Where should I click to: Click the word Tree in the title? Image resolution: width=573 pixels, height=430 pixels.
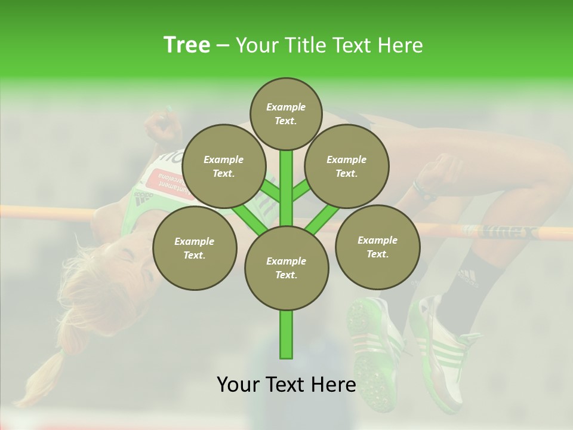pyautogui.click(x=187, y=45)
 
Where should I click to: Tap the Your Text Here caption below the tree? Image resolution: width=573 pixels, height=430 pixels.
pyautogui.click(x=286, y=385)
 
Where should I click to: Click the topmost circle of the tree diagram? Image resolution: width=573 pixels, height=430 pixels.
pyautogui.click(x=286, y=113)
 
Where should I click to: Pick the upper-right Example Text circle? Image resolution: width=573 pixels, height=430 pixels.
pyautogui.click(x=347, y=166)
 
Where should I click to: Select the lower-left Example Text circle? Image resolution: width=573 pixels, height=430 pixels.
pyautogui.click(x=195, y=248)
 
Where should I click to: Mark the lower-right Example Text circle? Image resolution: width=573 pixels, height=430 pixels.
pyautogui.click(x=377, y=247)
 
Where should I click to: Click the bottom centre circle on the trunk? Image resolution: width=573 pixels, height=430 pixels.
pyautogui.click(x=286, y=268)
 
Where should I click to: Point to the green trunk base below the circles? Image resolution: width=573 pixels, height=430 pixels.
pyautogui.click(x=286, y=334)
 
